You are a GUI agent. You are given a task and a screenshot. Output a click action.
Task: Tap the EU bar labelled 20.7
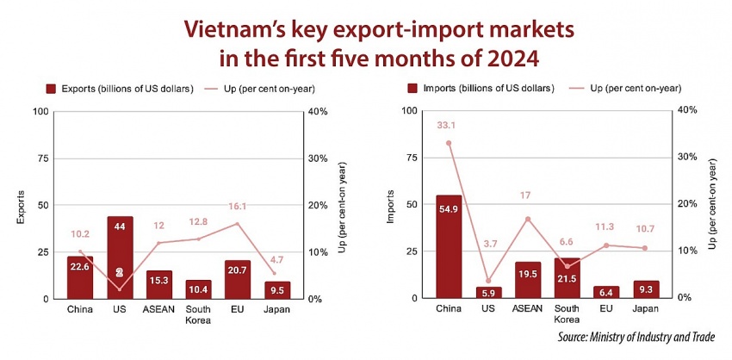238,279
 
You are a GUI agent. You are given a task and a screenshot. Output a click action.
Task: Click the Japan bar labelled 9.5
277,289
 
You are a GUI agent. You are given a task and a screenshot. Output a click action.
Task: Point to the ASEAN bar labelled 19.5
528,280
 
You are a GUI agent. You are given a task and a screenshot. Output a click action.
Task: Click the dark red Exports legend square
51,88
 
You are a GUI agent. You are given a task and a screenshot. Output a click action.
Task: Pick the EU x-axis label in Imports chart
606,308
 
